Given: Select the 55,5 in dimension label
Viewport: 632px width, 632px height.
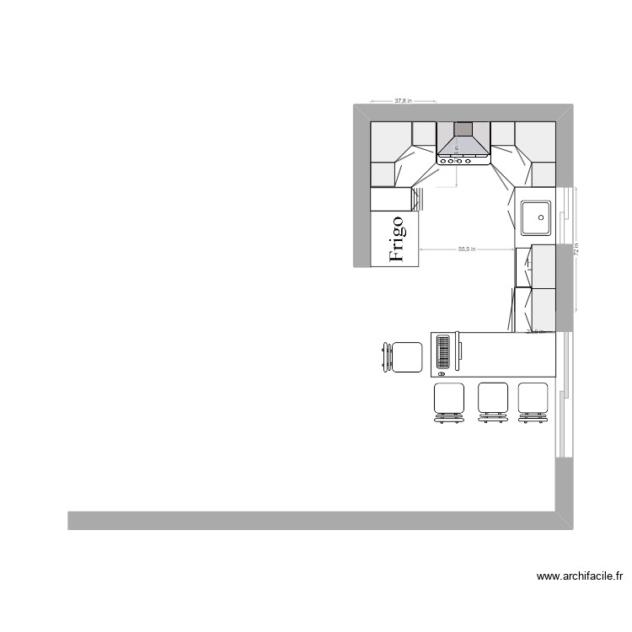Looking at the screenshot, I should (x=467, y=249).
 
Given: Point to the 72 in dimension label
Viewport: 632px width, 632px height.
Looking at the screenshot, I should (x=577, y=249).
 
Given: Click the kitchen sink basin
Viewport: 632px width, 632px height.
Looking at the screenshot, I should (x=536, y=217).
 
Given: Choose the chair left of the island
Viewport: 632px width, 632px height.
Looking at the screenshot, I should (x=404, y=357).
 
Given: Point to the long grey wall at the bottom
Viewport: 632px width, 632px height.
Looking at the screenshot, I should (x=312, y=520).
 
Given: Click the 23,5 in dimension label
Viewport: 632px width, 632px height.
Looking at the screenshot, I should (x=534, y=331).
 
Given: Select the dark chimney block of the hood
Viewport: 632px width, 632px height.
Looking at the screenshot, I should (x=463, y=129).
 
